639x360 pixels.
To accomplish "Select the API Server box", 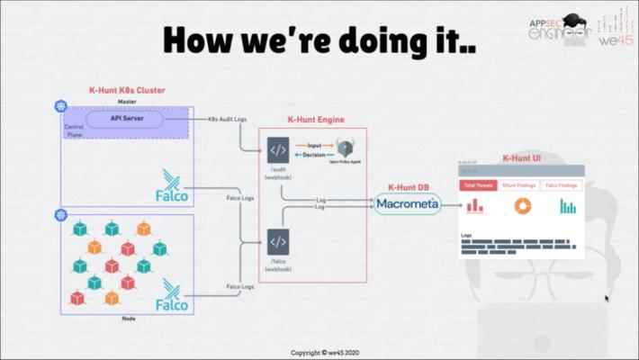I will click(x=125, y=119).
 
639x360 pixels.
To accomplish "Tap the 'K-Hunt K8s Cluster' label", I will click(x=127, y=90).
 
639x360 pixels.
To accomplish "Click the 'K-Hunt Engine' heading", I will click(x=315, y=120).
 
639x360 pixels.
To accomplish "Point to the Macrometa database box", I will click(x=408, y=203).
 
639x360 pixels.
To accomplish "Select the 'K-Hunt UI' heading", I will click(x=521, y=157).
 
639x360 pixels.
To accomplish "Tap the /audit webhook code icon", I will click(x=278, y=149).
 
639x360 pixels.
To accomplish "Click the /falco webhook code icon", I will click(x=278, y=242).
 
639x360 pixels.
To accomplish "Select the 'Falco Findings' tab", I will click(x=562, y=185).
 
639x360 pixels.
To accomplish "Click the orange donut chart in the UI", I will click(x=522, y=206).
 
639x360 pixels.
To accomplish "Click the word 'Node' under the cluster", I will click(x=129, y=319).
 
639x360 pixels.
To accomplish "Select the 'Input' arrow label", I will click(x=314, y=145).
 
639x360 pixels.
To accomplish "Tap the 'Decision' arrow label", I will click(x=314, y=154).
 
